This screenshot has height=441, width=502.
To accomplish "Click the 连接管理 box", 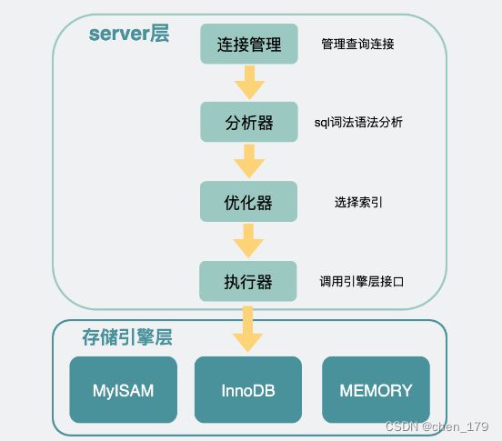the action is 249,44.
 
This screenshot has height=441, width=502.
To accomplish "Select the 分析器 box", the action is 249,122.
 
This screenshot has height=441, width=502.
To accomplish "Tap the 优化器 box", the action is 249,201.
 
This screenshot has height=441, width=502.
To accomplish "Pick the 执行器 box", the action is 248,281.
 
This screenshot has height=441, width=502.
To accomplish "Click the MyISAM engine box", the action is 124,390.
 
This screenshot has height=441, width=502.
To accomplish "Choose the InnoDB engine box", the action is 248,390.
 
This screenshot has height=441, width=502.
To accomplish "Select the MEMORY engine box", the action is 376,390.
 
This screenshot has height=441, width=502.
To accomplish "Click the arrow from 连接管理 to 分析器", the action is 249,83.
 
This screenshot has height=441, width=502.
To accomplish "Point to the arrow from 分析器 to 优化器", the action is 249,161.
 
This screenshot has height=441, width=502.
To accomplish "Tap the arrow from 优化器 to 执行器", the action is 248,241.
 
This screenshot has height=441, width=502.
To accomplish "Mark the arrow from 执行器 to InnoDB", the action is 248,329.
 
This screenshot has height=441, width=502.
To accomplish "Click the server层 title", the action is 129,34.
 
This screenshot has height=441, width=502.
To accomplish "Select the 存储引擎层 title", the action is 127,337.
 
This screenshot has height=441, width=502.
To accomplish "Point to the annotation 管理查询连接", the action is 357,44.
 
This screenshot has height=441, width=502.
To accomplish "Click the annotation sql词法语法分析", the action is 358,122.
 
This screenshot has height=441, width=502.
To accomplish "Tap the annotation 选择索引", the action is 358,202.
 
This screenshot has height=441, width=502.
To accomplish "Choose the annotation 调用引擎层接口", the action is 361,281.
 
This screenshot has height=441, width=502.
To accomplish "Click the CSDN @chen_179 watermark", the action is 437,426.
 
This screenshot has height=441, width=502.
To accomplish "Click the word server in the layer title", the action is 119,34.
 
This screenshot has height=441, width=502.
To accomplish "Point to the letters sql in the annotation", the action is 322,123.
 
